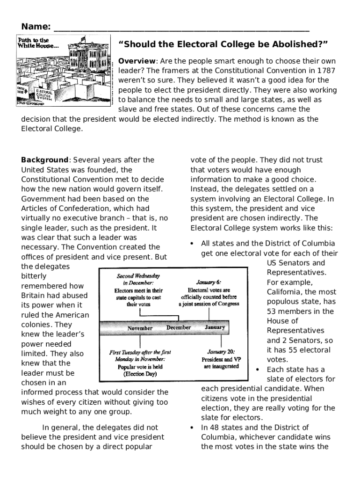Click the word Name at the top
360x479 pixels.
(x=35, y=26)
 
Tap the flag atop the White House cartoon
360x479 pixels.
(x=83, y=39)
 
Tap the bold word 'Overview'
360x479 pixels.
(x=137, y=61)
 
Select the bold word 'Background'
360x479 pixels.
(x=45, y=160)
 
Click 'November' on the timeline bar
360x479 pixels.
(x=140, y=328)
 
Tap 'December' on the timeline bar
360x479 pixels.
(x=178, y=327)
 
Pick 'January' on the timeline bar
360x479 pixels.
(x=215, y=327)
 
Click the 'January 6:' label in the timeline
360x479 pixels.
(x=209, y=283)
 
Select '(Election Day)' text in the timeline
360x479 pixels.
(x=140, y=374)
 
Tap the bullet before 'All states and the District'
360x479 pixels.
(x=192, y=244)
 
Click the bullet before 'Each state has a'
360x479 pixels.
(x=258, y=370)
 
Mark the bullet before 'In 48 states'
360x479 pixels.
(x=192, y=428)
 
